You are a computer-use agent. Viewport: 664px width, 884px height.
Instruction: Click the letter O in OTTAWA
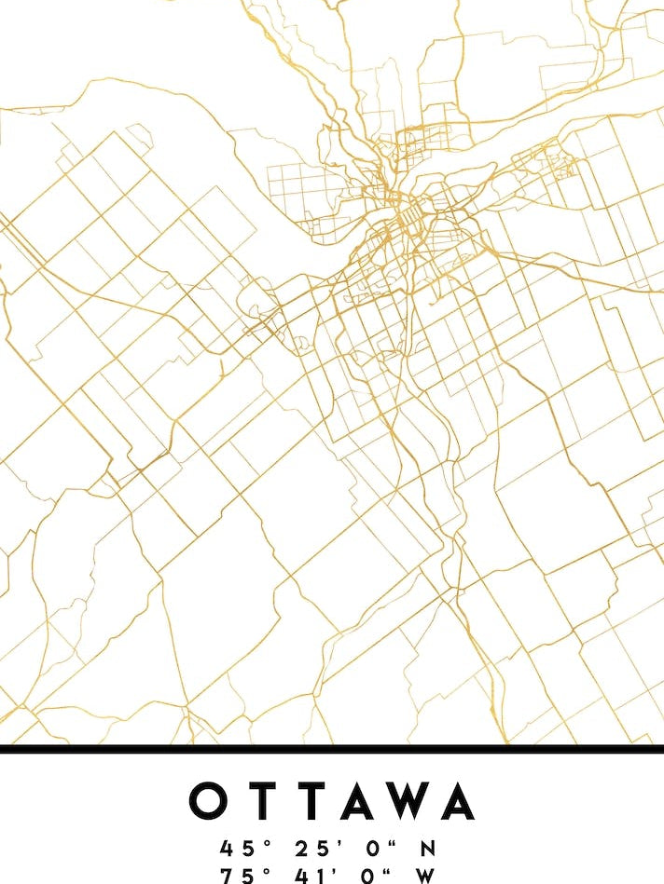tap(210, 801)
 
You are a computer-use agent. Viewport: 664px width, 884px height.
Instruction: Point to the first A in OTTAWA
tap(355, 801)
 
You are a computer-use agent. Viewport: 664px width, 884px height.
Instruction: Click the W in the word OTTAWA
tap(407, 801)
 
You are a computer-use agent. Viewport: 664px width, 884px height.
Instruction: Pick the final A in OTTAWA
tap(457, 801)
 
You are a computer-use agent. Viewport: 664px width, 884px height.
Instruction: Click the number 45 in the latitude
tap(232, 849)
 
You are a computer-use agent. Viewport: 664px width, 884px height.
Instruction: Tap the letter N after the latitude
tap(428, 849)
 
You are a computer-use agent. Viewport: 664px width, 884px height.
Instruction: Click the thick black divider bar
tap(332, 748)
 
